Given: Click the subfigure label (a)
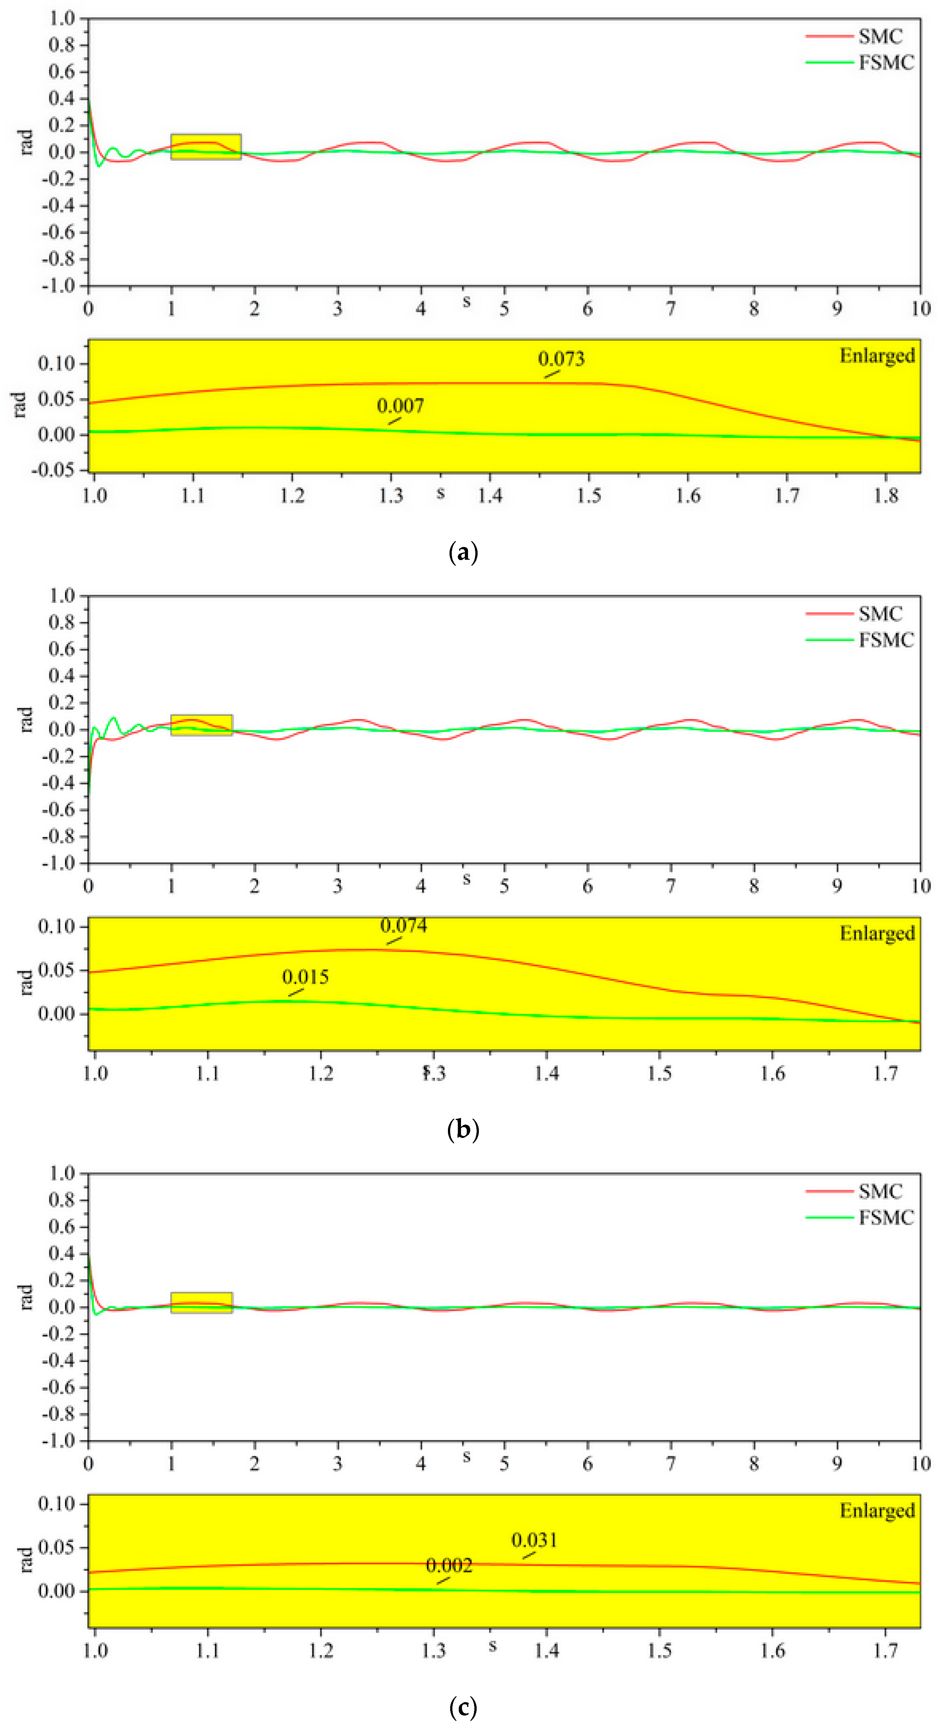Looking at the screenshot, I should pyautogui.click(x=463, y=553).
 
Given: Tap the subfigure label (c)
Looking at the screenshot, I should pyautogui.click(x=463, y=1706).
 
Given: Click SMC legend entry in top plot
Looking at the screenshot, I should pyautogui.click(x=880, y=36).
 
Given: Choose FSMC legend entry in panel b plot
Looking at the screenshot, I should pyautogui.click(x=886, y=640).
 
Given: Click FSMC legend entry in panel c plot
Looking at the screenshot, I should pyautogui.click(x=886, y=1218).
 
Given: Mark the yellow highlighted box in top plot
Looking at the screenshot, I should pyautogui.click(x=206, y=147).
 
